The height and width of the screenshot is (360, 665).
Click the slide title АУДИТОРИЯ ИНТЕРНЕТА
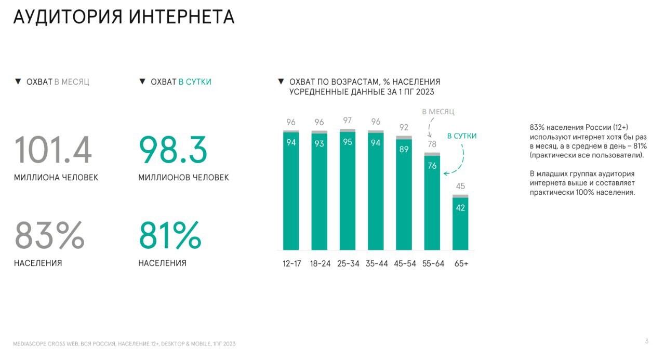124,17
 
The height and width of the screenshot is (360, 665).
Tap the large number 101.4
53,150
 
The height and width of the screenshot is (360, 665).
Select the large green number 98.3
173,150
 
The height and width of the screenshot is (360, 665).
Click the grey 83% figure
49,235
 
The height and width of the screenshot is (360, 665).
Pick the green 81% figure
170,235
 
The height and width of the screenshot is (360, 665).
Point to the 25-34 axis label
348,263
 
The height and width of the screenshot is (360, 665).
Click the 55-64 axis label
432,263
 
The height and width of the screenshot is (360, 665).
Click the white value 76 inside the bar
432,166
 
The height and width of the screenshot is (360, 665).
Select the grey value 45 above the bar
460,186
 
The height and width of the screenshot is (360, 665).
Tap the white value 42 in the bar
460,208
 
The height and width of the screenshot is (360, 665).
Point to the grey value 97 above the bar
348,121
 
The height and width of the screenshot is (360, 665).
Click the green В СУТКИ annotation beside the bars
461,136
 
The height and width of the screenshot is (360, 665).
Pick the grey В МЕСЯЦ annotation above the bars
438,112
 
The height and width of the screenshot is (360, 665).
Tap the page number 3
646,341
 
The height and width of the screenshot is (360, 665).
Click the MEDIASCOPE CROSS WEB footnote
125,344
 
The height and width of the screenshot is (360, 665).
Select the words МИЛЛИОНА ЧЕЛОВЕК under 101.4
56,178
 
